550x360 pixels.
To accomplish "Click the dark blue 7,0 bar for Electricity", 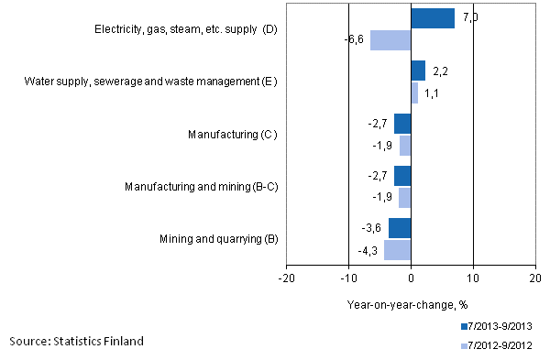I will (433, 18).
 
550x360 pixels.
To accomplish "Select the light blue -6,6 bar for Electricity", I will (390, 40).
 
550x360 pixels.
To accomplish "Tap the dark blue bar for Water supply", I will (418, 71).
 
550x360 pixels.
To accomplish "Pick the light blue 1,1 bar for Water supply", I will (414, 93).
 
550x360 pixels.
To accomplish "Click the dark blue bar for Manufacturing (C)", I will (402, 124).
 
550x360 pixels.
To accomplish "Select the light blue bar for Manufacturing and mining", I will (405, 198).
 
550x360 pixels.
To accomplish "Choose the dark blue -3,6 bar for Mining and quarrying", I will (400, 228).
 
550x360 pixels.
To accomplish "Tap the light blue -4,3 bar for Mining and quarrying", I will (398, 250).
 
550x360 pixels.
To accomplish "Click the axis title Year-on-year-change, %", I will (408, 305).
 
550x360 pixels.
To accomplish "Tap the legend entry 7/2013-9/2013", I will (498, 326).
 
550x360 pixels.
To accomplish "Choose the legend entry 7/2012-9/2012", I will (498, 345).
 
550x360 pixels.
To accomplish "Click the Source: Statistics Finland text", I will (76, 342).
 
